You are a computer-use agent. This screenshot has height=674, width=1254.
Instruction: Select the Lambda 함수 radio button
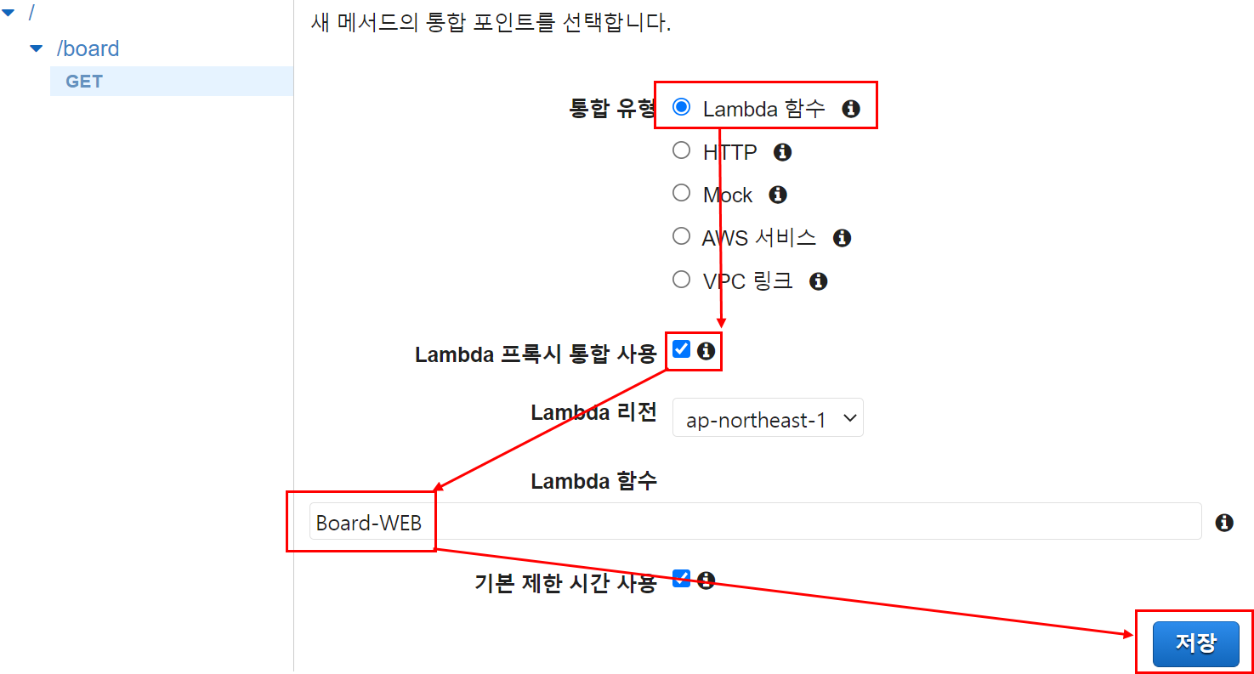click(x=681, y=107)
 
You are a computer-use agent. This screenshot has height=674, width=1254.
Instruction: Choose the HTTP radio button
click(x=681, y=150)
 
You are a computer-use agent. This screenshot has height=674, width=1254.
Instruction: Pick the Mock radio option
click(x=681, y=193)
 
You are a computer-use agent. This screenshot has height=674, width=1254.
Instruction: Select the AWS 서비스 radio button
click(x=681, y=236)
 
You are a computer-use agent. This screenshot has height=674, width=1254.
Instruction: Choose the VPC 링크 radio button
click(x=681, y=279)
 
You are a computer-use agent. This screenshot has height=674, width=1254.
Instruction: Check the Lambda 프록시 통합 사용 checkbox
click(x=681, y=349)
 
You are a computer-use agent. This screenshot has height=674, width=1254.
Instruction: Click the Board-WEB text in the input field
click(x=369, y=523)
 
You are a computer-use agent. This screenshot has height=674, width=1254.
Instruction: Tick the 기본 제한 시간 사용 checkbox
click(x=681, y=579)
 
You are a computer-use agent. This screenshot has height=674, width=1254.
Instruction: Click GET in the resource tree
click(x=84, y=82)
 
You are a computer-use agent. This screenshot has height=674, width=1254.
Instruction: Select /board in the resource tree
click(x=88, y=48)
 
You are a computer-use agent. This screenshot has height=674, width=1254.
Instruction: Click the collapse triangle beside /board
click(x=36, y=48)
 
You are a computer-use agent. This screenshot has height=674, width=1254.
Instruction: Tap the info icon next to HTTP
click(x=782, y=152)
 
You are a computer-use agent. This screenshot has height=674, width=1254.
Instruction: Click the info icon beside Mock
click(x=777, y=195)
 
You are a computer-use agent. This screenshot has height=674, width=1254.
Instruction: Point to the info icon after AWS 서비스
click(x=842, y=238)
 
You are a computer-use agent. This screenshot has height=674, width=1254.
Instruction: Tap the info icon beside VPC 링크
click(x=818, y=280)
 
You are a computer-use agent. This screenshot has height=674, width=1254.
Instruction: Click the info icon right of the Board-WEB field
click(x=1224, y=523)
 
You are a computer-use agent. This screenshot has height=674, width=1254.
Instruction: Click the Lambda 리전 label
click(x=593, y=412)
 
